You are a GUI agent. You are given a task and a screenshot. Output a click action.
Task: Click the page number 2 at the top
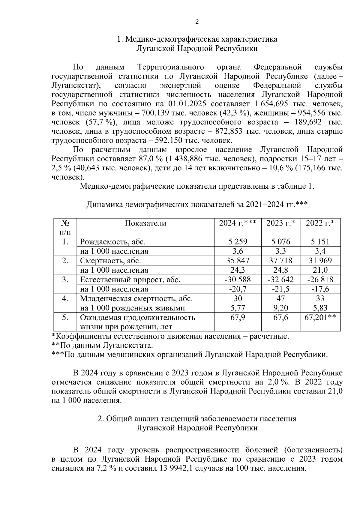197,22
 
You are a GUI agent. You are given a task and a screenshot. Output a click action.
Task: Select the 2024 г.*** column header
237,223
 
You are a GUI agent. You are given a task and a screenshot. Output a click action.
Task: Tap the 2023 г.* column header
280,223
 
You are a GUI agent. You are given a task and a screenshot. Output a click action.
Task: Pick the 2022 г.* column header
320,223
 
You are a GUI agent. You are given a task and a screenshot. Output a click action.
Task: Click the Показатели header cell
145,223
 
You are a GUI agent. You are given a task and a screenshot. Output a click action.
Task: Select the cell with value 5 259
238,242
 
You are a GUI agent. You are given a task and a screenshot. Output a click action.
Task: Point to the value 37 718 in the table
280,261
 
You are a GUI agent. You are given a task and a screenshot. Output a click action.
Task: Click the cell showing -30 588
238,280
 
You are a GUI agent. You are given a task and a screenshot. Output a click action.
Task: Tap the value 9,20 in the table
280,308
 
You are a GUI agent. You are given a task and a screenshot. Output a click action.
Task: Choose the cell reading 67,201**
320,317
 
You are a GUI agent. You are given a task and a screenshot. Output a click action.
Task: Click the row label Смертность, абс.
110,261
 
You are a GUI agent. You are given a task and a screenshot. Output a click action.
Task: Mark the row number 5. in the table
65,317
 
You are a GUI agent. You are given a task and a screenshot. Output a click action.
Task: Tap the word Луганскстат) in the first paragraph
76,86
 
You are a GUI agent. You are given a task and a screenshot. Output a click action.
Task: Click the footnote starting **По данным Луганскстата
102,345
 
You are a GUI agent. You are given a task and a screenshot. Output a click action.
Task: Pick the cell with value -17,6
320,289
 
